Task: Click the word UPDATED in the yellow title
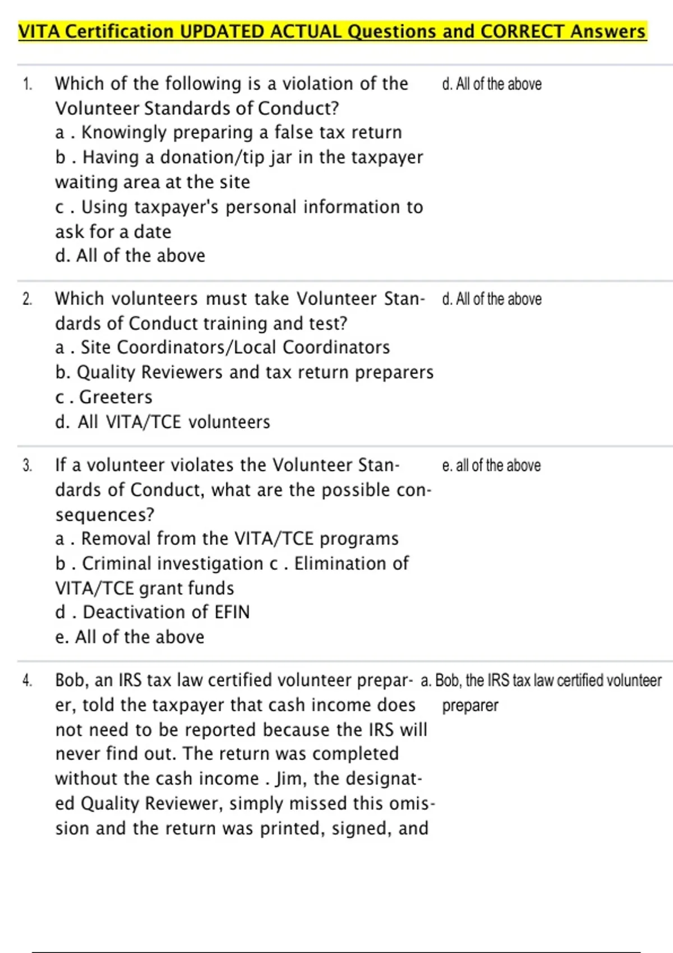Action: coord(223,31)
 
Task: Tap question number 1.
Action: coord(27,84)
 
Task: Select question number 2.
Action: coord(27,299)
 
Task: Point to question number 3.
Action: coord(27,465)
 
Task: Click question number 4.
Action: coord(27,681)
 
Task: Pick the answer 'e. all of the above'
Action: coord(491,466)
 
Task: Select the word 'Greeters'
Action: coord(116,397)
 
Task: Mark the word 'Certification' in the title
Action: coord(119,31)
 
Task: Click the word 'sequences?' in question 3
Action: coord(105,515)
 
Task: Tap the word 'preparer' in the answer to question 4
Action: coord(470,705)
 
